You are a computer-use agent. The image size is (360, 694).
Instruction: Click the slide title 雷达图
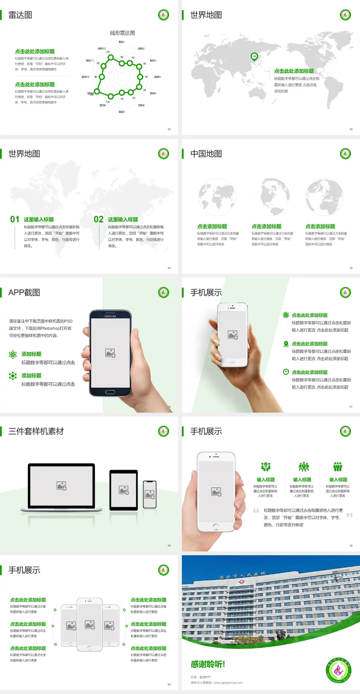[x=20, y=15]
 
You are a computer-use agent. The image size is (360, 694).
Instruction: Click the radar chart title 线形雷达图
[x=122, y=33]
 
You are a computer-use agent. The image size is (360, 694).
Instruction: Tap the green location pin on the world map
[x=254, y=57]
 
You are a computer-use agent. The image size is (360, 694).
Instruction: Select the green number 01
[x=15, y=219]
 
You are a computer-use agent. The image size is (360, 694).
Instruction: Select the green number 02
[x=99, y=219]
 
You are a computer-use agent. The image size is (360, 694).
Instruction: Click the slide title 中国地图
[x=206, y=154]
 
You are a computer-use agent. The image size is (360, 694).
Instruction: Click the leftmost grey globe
[x=217, y=197]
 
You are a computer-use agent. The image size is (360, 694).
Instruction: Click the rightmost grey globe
[x=324, y=197]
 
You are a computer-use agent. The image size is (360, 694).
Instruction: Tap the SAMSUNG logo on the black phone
[x=110, y=316]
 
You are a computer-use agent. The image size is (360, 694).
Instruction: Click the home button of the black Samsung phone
[x=110, y=392]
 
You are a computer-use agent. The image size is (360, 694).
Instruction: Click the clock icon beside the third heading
[x=286, y=372]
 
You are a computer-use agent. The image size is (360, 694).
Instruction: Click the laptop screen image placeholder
[x=61, y=486]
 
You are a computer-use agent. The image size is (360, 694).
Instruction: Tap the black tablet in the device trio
[x=123, y=490]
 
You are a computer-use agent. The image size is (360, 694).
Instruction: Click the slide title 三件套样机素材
[x=36, y=431]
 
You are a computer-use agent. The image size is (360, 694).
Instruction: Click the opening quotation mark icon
[x=256, y=510]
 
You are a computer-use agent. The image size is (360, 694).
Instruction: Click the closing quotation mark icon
[x=349, y=515]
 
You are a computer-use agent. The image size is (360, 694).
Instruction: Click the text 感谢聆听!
[x=208, y=664]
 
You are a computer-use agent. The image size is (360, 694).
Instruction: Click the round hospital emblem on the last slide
[x=338, y=670]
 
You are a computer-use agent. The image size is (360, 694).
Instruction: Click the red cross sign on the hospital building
[x=241, y=582]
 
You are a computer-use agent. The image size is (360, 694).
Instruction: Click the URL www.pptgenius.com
[x=228, y=683]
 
